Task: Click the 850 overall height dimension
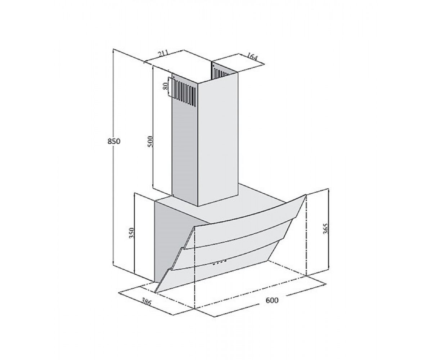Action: point(114,141)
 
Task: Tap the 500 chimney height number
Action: point(150,141)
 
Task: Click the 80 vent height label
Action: point(165,86)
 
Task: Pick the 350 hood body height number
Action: point(132,233)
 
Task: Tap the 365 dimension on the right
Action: point(325,228)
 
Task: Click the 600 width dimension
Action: point(272,300)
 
